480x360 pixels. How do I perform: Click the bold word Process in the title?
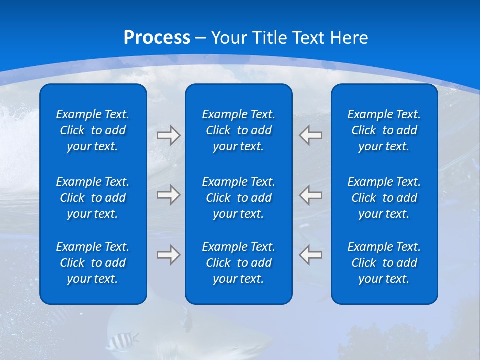[x=157, y=38]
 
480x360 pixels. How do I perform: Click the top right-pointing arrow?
[x=168, y=135]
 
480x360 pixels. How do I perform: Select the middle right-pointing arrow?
[x=168, y=194]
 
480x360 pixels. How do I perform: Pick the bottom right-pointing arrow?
[x=168, y=255]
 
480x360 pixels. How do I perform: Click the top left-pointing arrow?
[x=311, y=135]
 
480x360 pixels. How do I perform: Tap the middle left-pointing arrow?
[x=311, y=194]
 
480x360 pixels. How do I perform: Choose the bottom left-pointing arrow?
[x=311, y=255]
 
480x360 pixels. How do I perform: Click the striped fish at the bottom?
[x=121, y=341]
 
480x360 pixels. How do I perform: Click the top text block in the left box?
[x=93, y=130]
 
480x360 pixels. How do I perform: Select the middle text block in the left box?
[x=93, y=198]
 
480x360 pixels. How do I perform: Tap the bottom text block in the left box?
[x=93, y=263]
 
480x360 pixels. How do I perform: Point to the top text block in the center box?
[x=238, y=130]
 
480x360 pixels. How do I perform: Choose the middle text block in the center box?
[x=238, y=198]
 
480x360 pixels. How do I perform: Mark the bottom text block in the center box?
[x=238, y=263]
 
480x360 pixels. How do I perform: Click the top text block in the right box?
[x=384, y=130]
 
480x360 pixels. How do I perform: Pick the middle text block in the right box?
[x=384, y=198]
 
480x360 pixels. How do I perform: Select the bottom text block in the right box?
[x=384, y=263]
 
